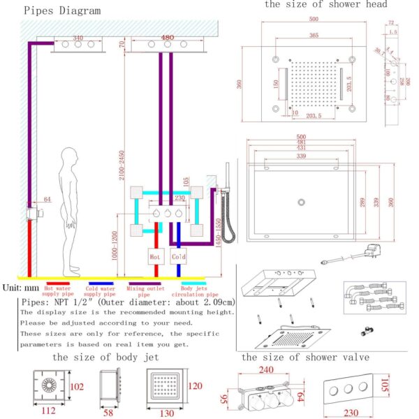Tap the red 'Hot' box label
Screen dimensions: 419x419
pos(155,257)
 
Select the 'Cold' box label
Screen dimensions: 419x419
pos(179,257)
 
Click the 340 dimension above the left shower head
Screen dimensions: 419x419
pos(78,38)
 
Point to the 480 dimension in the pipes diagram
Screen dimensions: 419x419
pos(168,38)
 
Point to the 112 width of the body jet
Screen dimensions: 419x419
pos(47,411)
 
